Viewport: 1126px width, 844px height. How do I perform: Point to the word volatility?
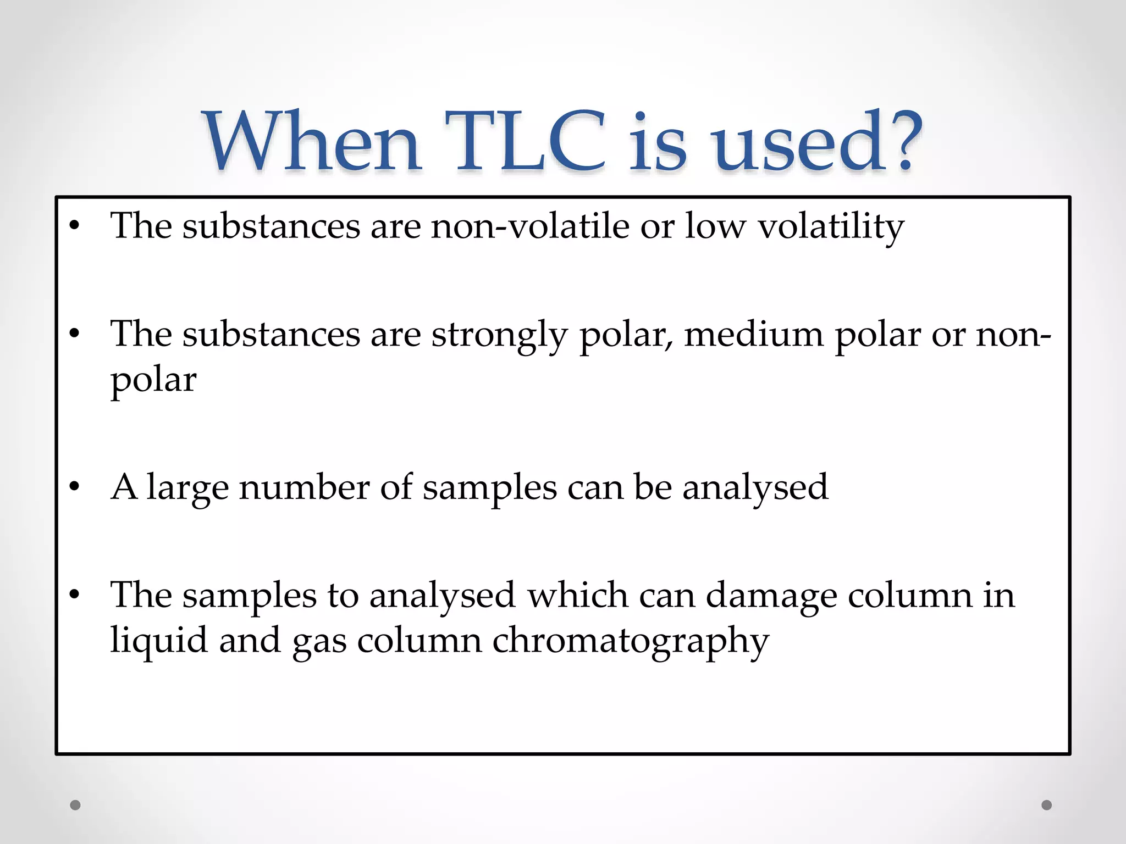(x=831, y=227)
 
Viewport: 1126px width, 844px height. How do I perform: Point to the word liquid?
(x=159, y=641)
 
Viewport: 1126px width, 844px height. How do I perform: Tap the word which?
(x=578, y=595)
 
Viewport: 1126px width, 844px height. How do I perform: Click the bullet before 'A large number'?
(x=75, y=487)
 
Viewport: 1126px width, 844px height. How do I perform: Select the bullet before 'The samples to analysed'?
(x=75, y=595)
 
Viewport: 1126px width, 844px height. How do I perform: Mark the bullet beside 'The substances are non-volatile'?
(x=75, y=226)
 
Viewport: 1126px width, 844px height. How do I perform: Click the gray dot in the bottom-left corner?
(x=75, y=805)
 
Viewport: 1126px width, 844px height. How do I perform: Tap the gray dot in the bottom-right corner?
(x=1047, y=805)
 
